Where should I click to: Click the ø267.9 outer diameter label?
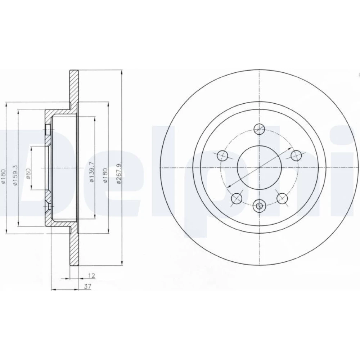[119, 174]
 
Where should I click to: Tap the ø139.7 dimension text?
[91, 172]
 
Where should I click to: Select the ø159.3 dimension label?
[15, 175]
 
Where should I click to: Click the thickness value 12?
[91, 275]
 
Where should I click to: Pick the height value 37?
[87, 286]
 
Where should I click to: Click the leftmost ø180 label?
[3, 176]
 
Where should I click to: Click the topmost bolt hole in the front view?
[259, 129]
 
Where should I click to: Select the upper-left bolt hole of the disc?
[222, 156]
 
